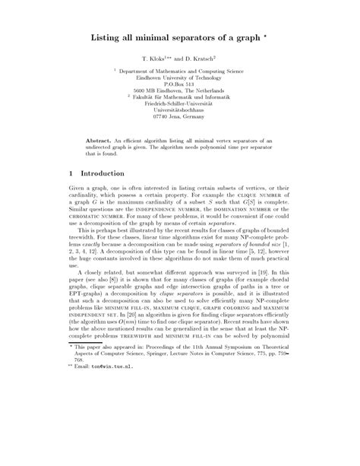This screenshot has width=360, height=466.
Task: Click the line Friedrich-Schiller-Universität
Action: [179, 103]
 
